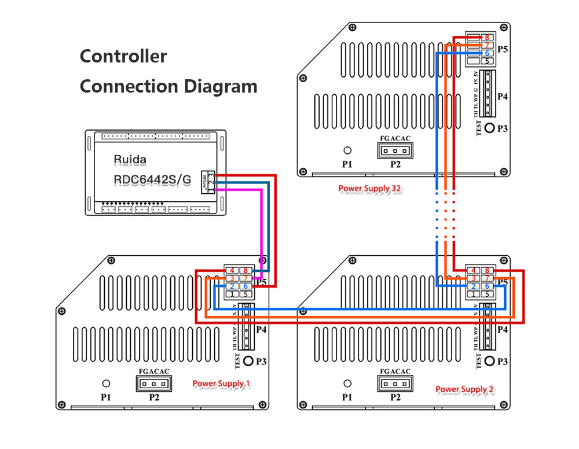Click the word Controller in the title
pyautogui.click(x=123, y=56)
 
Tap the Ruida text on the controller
pyautogui.click(x=130, y=159)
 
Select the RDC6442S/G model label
pyautogui.click(x=152, y=180)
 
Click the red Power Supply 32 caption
pyautogui.click(x=370, y=189)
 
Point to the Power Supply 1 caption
pyautogui.click(x=222, y=384)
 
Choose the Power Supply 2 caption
pyautogui.click(x=465, y=389)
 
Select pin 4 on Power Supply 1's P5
pyautogui.click(x=232, y=270)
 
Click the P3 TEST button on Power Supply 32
pyautogui.click(x=490, y=128)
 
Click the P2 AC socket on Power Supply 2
pyautogui.click(x=395, y=383)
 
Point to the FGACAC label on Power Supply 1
pyautogui.click(x=153, y=371)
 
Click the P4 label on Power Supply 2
pyautogui.click(x=503, y=329)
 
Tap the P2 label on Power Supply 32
pyautogui.click(x=395, y=164)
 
